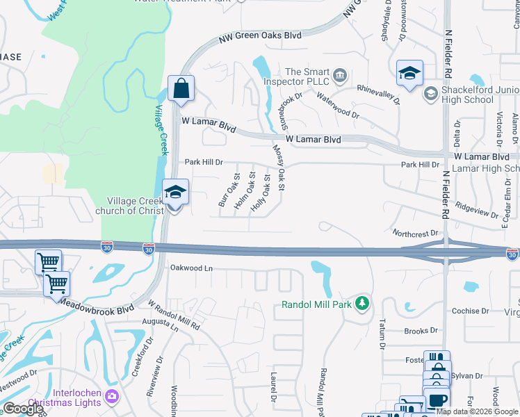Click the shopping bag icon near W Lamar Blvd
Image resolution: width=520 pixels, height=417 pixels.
(181, 89)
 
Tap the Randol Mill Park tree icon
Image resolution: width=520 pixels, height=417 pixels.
(361, 304)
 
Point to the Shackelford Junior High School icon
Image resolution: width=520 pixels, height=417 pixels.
(430, 93)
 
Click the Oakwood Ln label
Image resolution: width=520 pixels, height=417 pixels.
(191, 268)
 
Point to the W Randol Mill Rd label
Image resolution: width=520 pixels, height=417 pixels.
(174, 315)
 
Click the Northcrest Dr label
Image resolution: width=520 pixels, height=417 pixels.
(417, 234)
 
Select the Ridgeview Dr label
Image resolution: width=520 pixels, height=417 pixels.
(478, 206)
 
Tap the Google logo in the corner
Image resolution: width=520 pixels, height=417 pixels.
(23, 409)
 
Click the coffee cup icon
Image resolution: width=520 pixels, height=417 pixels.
(437, 400)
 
